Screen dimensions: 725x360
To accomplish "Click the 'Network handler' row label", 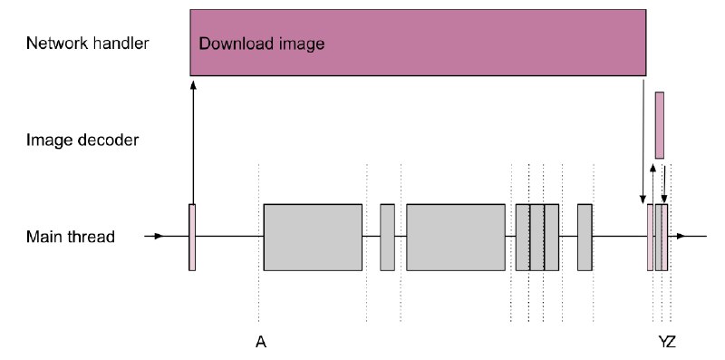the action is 87,44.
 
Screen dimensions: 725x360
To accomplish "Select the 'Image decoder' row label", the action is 82,140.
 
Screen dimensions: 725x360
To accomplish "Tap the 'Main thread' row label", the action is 71,237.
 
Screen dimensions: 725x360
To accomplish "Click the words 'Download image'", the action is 262,44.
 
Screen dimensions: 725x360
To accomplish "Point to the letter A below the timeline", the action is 261,343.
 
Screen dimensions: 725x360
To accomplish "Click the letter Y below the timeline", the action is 662,343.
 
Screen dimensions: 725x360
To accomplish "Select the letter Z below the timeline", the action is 672,343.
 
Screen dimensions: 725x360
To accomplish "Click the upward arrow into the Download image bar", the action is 193,142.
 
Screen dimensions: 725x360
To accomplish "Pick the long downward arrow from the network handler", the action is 643,141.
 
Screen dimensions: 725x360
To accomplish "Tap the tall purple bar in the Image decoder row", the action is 660,125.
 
